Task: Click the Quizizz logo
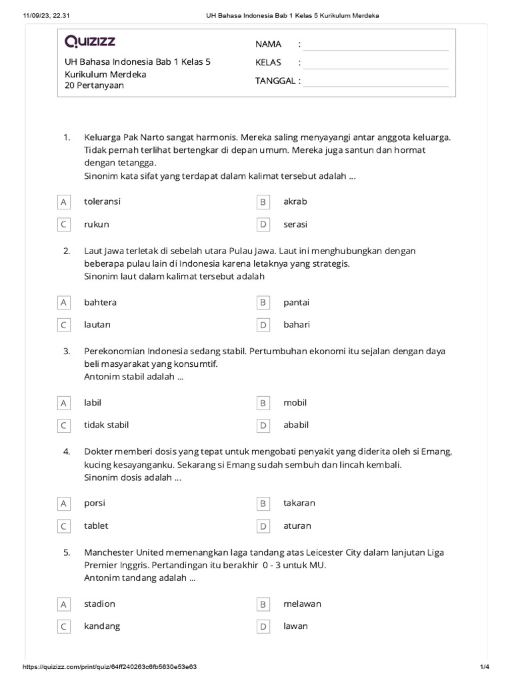(x=90, y=42)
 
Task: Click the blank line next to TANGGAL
(x=375, y=81)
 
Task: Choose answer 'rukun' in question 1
(x=97, y=225)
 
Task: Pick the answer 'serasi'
(x=295, y=225)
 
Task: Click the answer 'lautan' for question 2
(x=97, y=325)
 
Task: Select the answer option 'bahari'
(x=297, y=325)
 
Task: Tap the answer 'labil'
(x=93, y=403)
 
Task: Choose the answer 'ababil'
(x=296, y=425)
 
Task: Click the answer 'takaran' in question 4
(x=299, y=503)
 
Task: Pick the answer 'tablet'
(x=96, y=526)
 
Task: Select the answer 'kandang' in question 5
(x=102, y=626)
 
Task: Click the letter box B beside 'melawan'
(x=263, y=604)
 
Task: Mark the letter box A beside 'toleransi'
(x=64, y=201)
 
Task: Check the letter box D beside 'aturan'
(x=263, y=526)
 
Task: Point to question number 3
(x=67, y=351)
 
